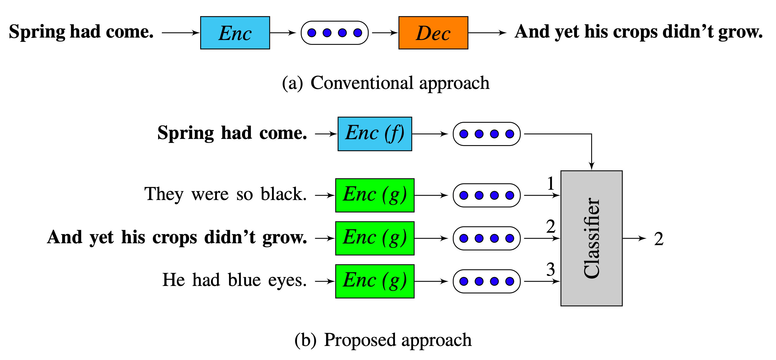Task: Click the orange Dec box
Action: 433,32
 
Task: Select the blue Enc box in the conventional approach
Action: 235,32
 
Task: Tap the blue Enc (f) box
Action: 374,134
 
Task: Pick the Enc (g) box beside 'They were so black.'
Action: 374,195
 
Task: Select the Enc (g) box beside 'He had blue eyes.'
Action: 374,281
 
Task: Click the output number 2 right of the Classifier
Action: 658,239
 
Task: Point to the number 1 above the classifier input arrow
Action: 550,183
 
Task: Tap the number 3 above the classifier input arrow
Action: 550,269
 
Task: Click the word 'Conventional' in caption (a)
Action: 362,83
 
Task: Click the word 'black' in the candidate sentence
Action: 283,194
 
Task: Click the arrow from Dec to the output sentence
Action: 487,32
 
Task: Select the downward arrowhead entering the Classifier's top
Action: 591,166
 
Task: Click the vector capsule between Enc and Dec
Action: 335,32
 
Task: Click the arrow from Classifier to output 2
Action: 634,238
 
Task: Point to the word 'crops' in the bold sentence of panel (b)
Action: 175,237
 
